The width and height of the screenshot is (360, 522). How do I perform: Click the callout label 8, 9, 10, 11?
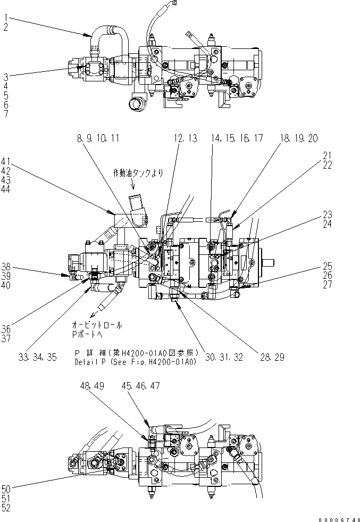pyautogui.click(x=98, y=138)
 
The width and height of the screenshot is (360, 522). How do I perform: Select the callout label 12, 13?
pyautogui.click(x=185, y=138)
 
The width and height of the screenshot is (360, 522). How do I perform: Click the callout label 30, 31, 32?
pyautogui.click(x=225, y=358)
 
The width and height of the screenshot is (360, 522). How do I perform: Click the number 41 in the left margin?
pyautogui.click(x=6, y=161)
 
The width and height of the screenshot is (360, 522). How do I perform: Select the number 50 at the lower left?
pyautogui.click(x=6, y=488)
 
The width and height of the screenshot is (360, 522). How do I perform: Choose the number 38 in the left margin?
pyautogui.click(x=6, y=267)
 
